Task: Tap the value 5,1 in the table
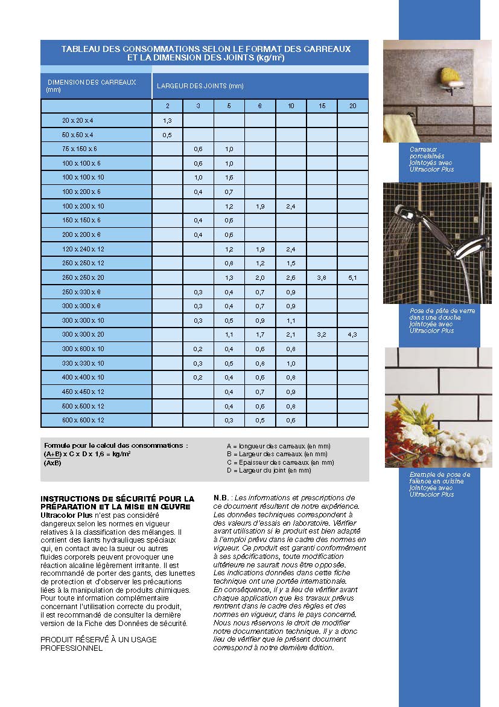click(353, 278)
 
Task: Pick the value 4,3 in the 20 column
click(353, 334)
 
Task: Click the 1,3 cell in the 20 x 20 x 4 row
click(167, 121)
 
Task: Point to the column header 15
click(322, 106)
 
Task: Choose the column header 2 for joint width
click(167, 106)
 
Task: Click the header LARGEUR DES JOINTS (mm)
click(200, 86)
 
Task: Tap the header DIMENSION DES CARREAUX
click(92, 82)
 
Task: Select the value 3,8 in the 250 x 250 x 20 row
click(322, 278)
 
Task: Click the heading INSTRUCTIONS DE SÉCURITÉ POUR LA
click(117, 499)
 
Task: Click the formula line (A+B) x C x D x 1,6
click(87, 453)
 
